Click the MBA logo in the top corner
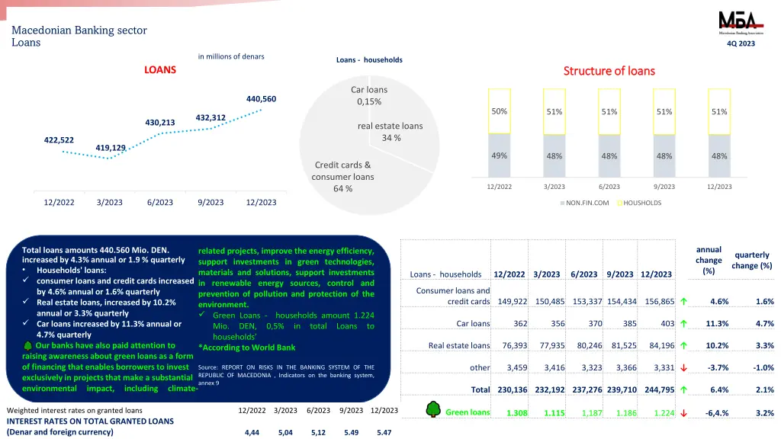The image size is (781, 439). click(741, 22)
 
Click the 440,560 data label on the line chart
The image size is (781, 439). click(261, 99)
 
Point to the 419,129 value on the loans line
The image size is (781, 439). click(111, 148)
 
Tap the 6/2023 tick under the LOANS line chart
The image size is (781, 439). click(160, 203)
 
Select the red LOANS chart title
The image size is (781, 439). click(160, 70)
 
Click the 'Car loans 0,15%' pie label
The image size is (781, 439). click(369, 96)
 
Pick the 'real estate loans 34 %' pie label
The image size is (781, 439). click(390, 132)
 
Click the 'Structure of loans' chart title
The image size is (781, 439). click(609, 71)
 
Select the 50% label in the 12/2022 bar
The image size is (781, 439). click(499, 111)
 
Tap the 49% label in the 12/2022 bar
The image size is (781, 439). click(499, 155)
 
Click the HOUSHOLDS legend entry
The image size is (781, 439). click(641, 203)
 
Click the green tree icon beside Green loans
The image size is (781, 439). click(432, 410)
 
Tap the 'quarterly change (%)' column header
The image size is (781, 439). click(751, 261)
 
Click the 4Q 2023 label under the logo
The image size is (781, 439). click(741, 43)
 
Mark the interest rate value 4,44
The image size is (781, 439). click(252, 432)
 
